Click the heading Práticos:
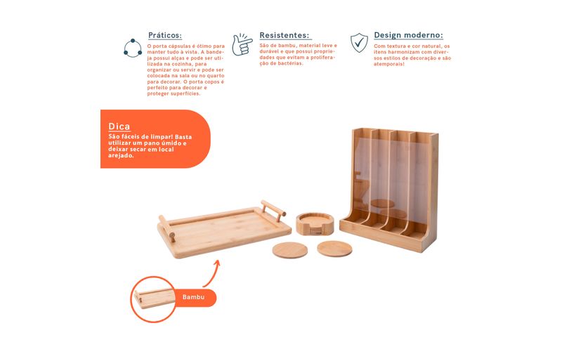tap(165, 36)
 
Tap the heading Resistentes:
tap(285, 35)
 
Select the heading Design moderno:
tap(408, 35)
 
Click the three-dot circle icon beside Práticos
tap(133, 48)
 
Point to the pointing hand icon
tap(242, 44)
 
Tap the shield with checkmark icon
tap(359, 43)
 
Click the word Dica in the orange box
tap(119, 126)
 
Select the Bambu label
tap(193, 297)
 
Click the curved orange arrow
tap(213, 273)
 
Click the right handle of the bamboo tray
tap(273, 208)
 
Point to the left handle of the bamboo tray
tap(167, 228)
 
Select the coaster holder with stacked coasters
tap(315, 224)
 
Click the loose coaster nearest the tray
tap(290, 250)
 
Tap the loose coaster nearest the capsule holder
tap(334, 249)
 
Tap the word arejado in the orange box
tap(121, 156)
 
